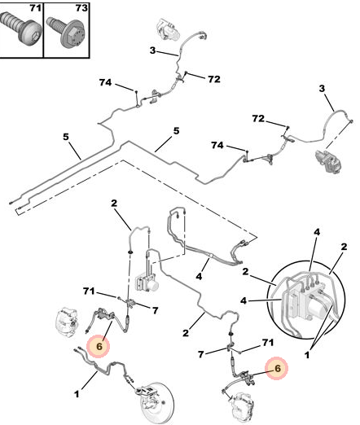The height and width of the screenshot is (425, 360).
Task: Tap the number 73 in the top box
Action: point(81,8)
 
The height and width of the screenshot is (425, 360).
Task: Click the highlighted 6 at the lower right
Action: point(277,368)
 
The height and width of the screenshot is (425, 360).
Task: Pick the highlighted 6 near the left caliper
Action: point(99,346)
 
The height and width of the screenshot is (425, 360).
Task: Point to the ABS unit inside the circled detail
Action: point(307,300)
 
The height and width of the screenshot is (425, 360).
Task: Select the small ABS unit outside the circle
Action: point(147,283)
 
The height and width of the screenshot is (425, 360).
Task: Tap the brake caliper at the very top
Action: point(169,29)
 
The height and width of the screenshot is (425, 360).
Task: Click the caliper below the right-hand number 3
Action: point(329,161)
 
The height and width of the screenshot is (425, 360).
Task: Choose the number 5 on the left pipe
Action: point(66,137)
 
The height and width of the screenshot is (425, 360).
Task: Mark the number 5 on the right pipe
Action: point(177,131)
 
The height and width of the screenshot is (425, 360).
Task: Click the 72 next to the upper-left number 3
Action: point(214,79)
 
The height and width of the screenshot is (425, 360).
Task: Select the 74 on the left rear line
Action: point(105,82)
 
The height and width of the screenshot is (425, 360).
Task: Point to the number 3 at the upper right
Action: point(322,89)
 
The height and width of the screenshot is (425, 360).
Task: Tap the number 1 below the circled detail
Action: point(307,355)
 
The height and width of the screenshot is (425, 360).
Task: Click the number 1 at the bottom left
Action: point(77,394)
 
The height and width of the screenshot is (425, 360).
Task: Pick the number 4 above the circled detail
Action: point(317,232)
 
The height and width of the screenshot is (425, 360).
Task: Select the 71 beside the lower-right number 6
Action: point(268,343)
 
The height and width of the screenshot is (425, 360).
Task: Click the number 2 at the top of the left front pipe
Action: point(114,203)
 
